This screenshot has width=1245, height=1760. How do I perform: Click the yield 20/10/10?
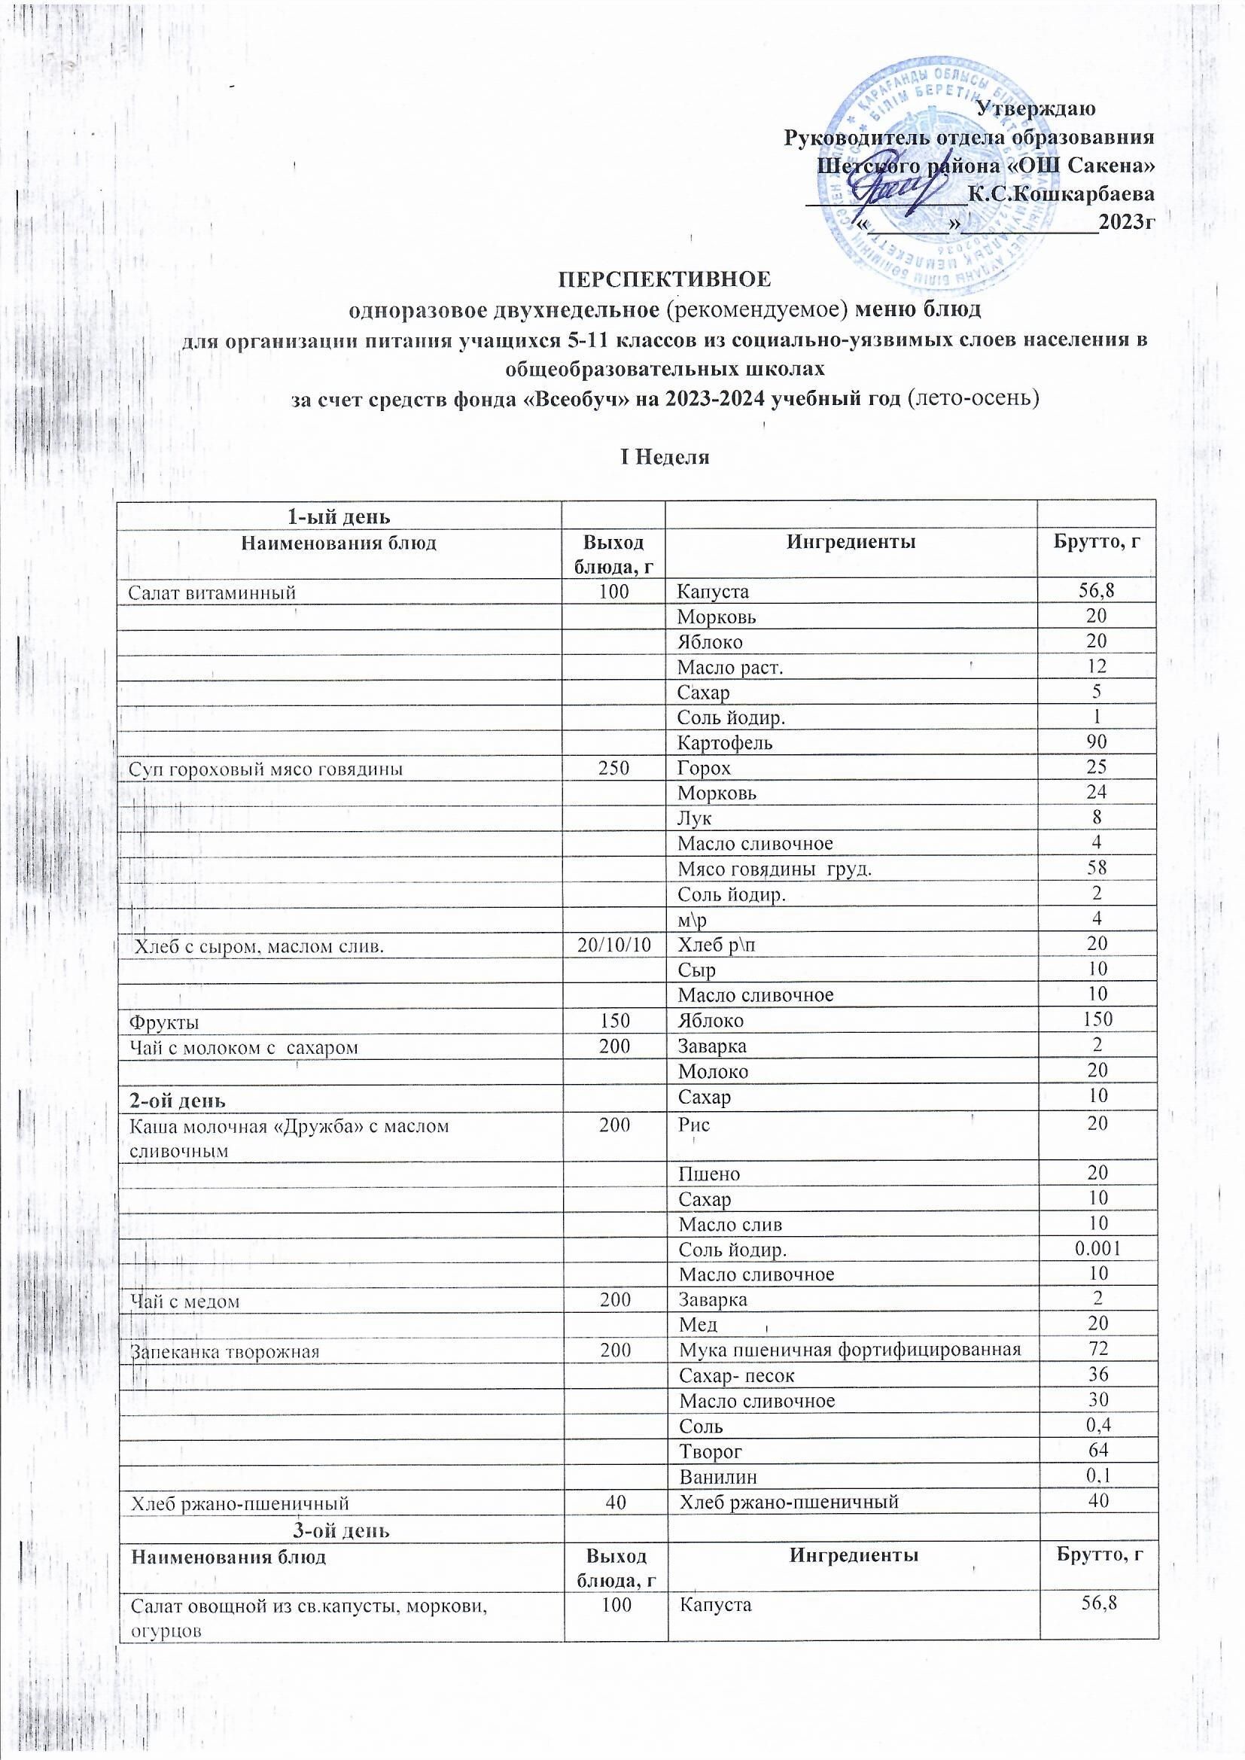(616, 945)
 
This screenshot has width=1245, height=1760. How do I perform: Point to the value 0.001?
(1097, 1249)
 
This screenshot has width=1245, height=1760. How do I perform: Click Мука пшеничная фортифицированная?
(850, 1349)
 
